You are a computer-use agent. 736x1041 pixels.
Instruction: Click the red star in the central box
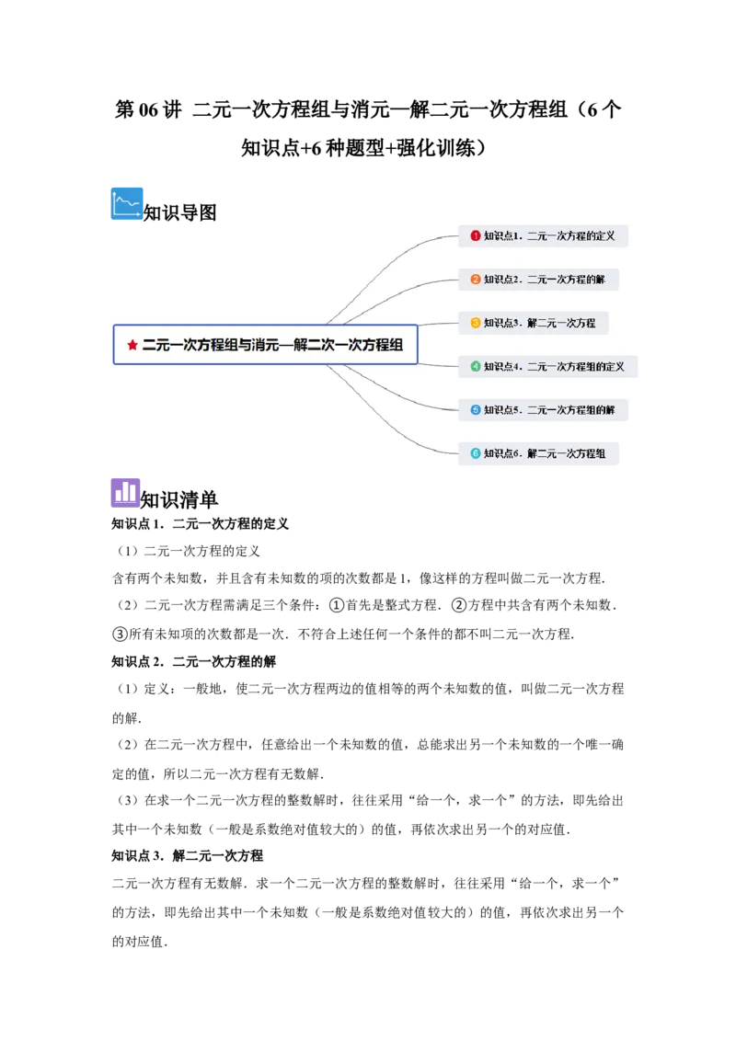coord(132,345)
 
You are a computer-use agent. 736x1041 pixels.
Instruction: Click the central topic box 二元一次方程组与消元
coord(265,344)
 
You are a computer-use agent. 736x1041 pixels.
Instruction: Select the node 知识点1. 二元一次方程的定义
coord(543,235)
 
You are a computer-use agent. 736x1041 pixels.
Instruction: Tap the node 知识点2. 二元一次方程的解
coord(538,279)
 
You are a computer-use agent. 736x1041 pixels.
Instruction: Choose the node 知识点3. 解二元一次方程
coord(534,323)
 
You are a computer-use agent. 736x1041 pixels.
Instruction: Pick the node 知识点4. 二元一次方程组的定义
coord(547,366)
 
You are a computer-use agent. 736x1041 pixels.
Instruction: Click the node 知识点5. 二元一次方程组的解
coord(543,409)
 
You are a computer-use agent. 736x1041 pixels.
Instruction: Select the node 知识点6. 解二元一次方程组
coord(538,453)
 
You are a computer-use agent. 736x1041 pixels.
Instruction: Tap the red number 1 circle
coord(476,235)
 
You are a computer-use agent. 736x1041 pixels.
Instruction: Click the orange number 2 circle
coord(476,279)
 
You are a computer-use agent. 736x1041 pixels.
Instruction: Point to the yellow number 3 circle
coord(476,323)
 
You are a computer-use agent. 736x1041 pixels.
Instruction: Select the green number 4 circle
coord(476,366)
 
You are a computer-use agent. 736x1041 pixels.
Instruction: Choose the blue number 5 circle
coord(476,409)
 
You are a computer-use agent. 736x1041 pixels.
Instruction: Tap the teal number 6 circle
coord(476,453)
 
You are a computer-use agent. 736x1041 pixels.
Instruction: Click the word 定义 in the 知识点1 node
coord(605,235)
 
